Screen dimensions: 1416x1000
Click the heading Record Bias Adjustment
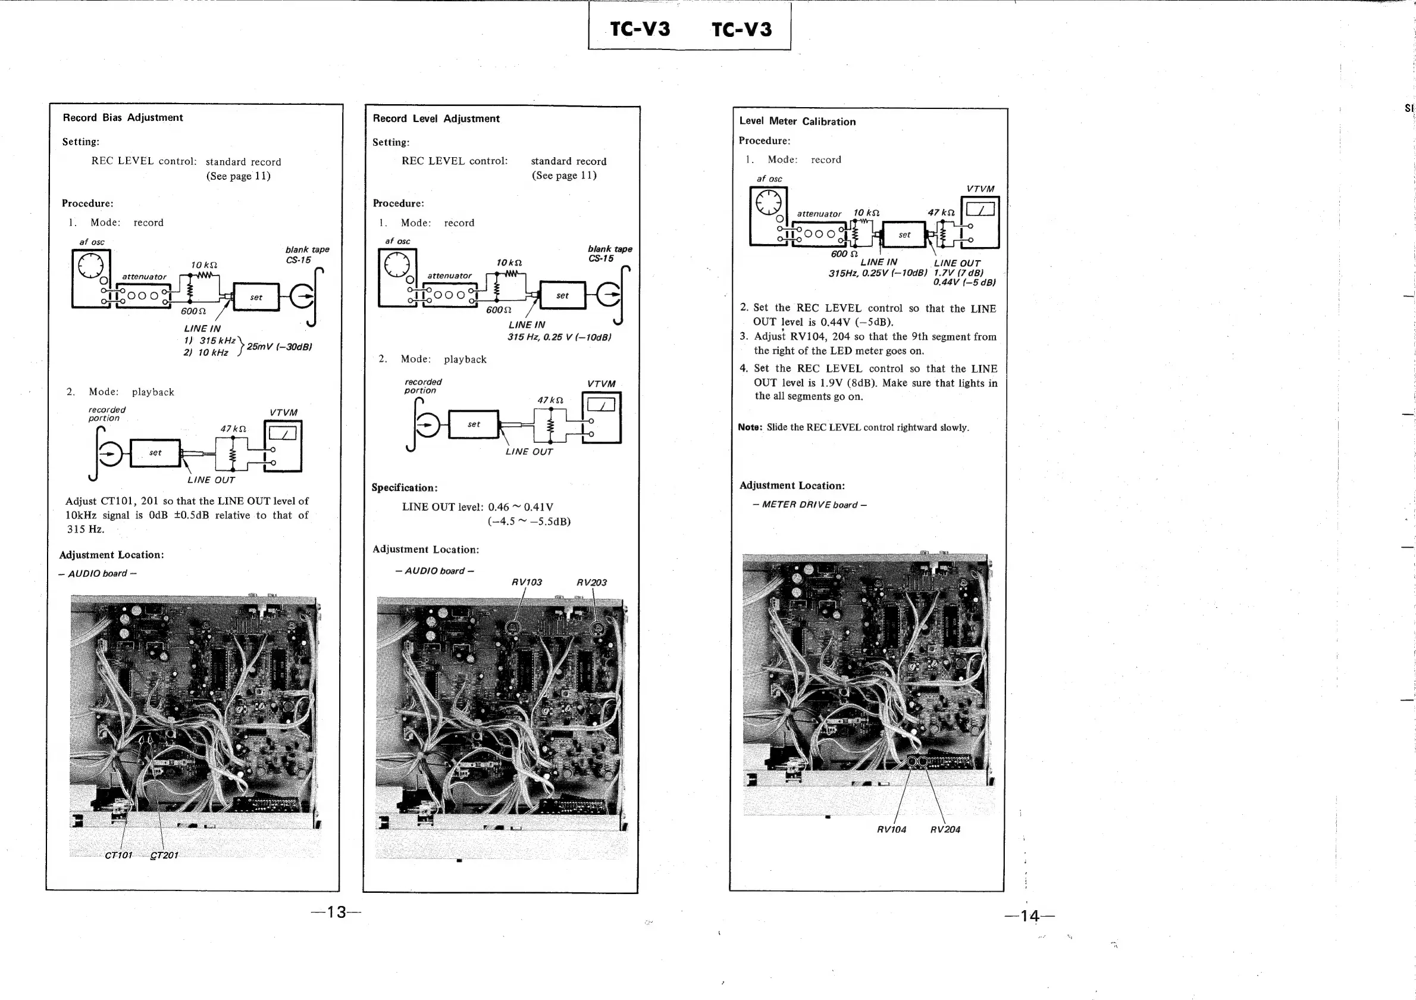(123, 117)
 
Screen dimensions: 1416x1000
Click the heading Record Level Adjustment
(436, 118)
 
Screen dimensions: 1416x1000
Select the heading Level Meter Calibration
(797, 121)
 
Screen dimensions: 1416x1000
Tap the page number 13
(337, 912)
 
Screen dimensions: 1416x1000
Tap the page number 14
(1029, 916)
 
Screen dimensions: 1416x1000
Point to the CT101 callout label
(118, 855)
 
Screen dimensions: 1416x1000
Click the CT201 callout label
(164, 855)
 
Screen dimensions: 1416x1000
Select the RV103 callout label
(527, 582)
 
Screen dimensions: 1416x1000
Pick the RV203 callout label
(591, 582)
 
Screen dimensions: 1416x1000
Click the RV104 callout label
(891, 830)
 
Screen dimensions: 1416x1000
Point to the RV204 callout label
(945, 830)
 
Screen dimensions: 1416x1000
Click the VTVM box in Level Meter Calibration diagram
(980, 222)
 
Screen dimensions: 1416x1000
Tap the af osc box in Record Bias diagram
(90, 277)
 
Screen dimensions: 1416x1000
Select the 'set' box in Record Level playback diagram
(474, 424)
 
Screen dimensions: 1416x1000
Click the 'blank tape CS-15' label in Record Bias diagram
(306, 254)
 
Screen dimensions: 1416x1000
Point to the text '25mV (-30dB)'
(279, 346)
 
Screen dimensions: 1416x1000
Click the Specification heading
(405, 487)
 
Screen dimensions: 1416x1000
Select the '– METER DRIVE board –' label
(809, 505)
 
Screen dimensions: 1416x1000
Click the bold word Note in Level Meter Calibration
(750, 427)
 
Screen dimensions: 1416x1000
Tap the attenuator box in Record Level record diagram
(449, 294)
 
